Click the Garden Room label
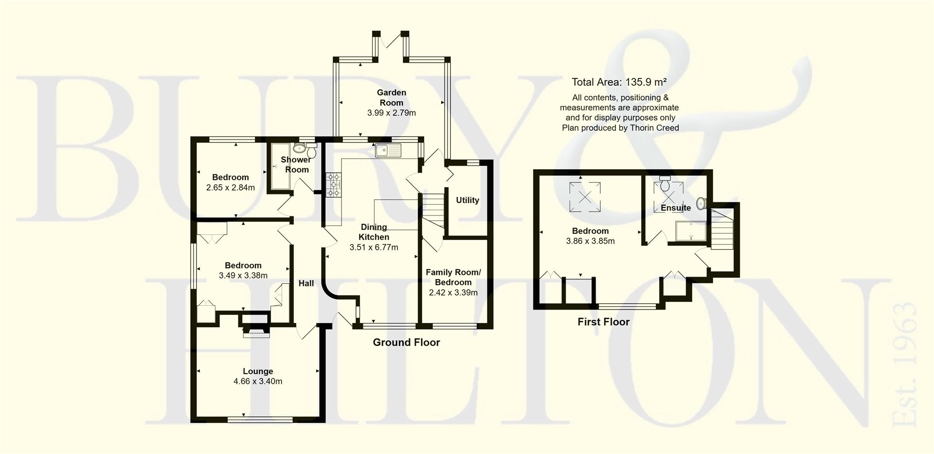(x=391, y=97)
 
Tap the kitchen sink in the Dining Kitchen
(x=387, y=151)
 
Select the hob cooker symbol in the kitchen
(x=334, y=185)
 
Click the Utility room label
(x=467, y=200)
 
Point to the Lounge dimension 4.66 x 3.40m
(x=258, y=382)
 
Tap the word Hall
(x=306, y=283)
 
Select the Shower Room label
(x=296, y=164)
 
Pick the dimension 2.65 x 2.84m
(x=230, y=188)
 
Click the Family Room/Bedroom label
(x=453, y=277)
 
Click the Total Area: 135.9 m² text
(x=619, y=82)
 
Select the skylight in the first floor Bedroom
(x=585, y=196)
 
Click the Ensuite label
(x=675, y=208)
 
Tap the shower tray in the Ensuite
(x=691, y=231)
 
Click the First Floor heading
(x=603, y=322)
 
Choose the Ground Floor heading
(x=406, y=342)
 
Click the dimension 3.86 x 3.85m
(x=590, y=241)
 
